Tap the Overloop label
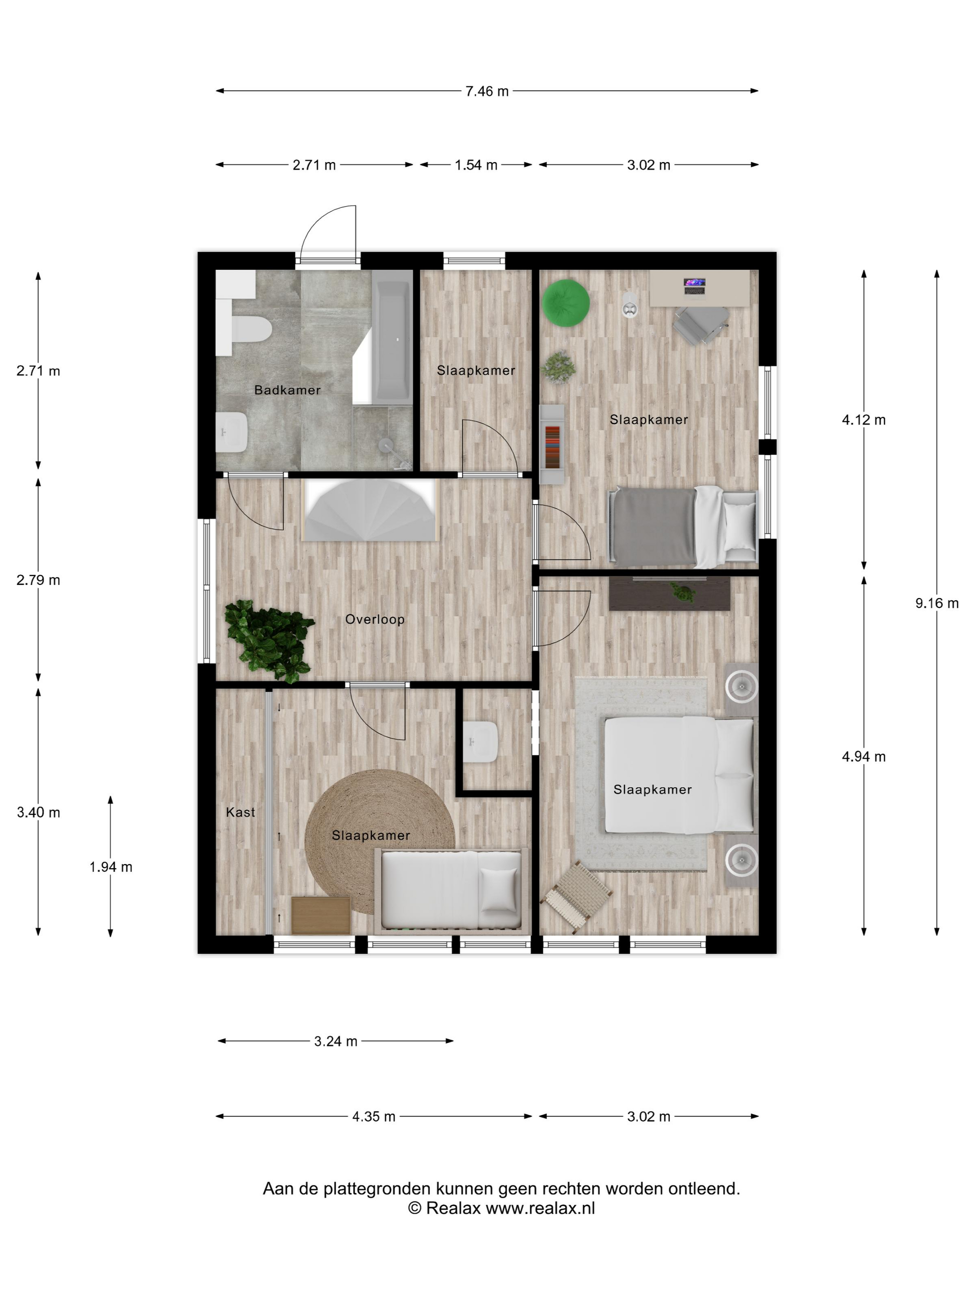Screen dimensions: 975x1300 click(x=374, y=619)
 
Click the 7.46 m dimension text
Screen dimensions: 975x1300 click(x=487, y=91)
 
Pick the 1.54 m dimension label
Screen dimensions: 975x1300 click(x=475, y=165)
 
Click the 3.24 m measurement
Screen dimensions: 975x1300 click(x=336, y=1041)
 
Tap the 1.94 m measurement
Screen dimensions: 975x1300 click(x=110, y=867)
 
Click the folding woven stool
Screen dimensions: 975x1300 click(x=576, y=897)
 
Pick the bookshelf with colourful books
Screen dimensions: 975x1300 click(x=552, y=444)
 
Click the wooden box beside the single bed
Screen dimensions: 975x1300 click(x=321, y=915)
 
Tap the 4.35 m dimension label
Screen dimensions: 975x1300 click(x=374, y=1117)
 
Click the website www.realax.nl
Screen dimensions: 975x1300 click(x=540, y=1209)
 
